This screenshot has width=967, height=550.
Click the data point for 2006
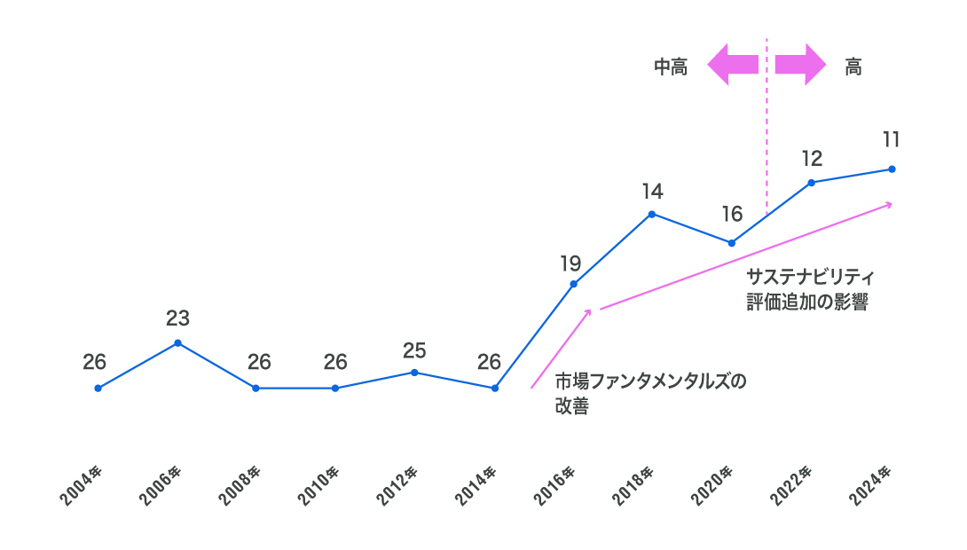(x=177, y=342)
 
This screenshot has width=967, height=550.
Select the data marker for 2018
(x=651, y=214)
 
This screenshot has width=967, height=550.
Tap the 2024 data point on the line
(x=892, y=169)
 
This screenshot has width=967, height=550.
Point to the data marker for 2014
(x=494, y=388)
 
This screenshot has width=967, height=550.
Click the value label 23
(x=177, y=318)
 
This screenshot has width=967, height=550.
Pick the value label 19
(x=570, y=263)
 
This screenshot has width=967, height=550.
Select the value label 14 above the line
(x=652, y=191)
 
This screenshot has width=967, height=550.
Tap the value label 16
(x=732, y=214)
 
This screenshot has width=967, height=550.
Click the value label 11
(x=892, y=139)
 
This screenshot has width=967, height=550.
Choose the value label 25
(x=414, y=350)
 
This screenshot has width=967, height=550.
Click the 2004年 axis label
(x=83, y=484)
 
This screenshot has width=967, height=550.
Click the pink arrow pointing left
(x=733, y=65)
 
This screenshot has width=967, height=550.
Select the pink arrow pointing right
(x=800, y=65)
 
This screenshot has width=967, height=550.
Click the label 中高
(x=671, y=67)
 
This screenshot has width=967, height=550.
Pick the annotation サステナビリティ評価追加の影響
(x=806, y=289)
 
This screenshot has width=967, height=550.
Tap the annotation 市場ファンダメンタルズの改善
(x=650, y=395)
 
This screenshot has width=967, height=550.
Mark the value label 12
(x=812, y=159)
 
